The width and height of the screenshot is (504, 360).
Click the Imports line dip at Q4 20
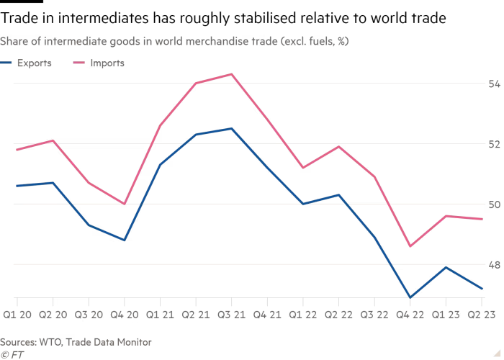(x=125, y=204)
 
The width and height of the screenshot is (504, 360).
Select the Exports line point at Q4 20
(x=125, y=240)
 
